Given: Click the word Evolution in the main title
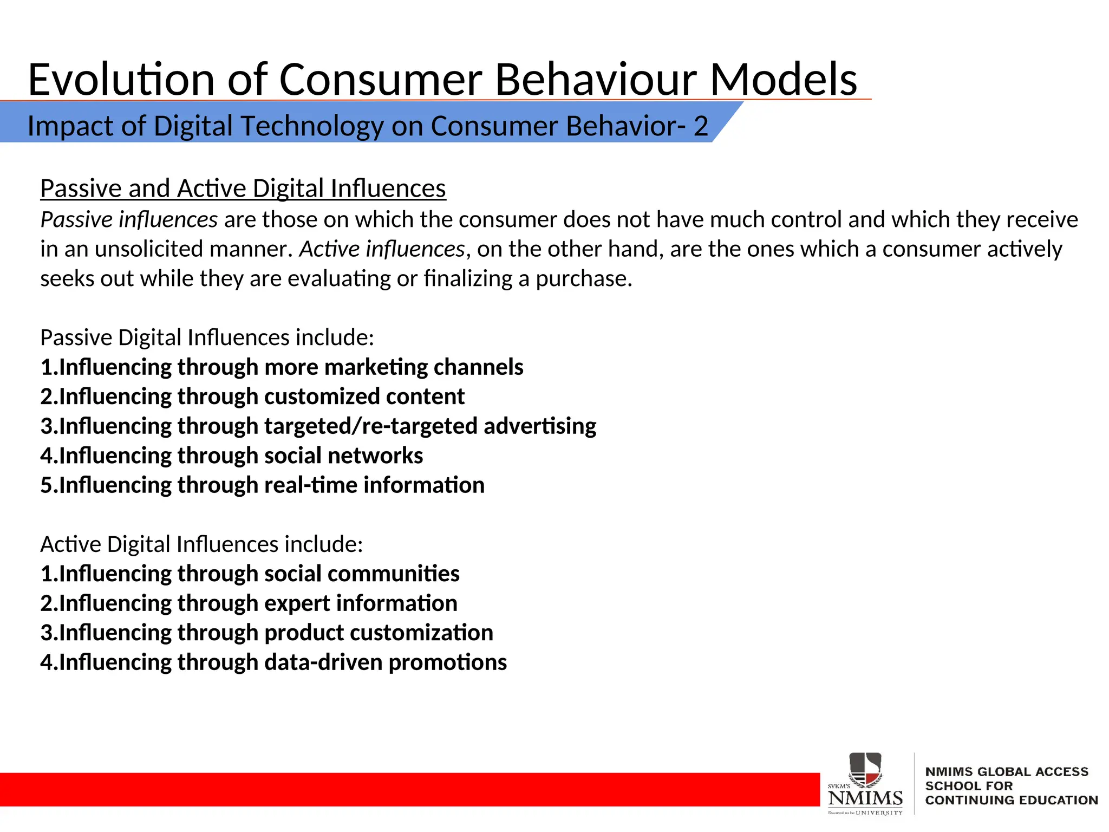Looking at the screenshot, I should [121, 80].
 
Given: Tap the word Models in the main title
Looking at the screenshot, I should [783, 80].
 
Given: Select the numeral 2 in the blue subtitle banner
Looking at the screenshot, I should [701, 126].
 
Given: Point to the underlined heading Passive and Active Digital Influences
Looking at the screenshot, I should [243, 188].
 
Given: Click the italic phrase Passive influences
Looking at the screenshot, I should [129, 219].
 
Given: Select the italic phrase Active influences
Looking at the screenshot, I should [382, 249].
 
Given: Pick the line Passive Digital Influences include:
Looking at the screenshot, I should [207, 337].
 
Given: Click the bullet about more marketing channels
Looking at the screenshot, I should [282, 367].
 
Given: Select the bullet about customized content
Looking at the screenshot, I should [252, 396].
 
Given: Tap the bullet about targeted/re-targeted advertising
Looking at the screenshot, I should [318, 426].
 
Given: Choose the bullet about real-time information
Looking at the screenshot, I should [262, 485].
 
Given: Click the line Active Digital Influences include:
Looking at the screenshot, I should [201, 544].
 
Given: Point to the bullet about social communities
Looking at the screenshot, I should [250, 574].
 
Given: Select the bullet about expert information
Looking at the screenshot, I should [249, 603].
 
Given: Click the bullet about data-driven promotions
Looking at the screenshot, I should [273, 662].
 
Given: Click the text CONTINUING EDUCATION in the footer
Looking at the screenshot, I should [1011, 800].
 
